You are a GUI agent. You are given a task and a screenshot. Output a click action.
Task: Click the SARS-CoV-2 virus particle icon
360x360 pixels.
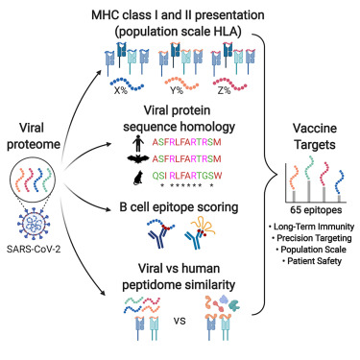[34, 224]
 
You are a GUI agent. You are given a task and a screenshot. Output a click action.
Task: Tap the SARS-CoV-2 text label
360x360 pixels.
[34, 249]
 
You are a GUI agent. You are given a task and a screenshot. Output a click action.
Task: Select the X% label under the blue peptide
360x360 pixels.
[121, 90]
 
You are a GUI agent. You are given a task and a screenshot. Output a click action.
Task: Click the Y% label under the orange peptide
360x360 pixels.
[177, 90]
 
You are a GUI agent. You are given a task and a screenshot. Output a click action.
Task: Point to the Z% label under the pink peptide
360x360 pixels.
[224, 90]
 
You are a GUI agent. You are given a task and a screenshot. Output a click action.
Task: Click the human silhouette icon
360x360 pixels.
[137, 143]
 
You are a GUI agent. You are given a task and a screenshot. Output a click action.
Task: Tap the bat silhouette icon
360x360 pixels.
[137, 158]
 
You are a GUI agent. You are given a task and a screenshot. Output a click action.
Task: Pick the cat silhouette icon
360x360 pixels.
[137, 177]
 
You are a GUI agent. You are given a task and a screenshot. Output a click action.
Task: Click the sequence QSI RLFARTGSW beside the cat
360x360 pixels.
[187, 176]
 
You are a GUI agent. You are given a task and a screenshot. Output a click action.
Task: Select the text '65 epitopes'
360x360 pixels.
[316, 210]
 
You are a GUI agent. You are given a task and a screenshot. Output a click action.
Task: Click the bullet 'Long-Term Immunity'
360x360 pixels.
[311, 227]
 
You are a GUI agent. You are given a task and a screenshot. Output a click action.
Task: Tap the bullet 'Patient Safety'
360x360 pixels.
[312, 261]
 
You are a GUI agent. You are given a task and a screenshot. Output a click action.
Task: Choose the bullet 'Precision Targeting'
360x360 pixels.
[312, 238]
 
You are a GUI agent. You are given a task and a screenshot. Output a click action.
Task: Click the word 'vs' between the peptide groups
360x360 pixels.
[180, 321]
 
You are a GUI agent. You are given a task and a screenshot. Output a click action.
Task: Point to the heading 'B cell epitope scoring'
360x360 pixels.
[179, 207]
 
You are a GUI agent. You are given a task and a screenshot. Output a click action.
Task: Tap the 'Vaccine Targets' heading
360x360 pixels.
[315, 136]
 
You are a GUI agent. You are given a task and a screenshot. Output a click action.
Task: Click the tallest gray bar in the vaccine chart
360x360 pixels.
[308, 191]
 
